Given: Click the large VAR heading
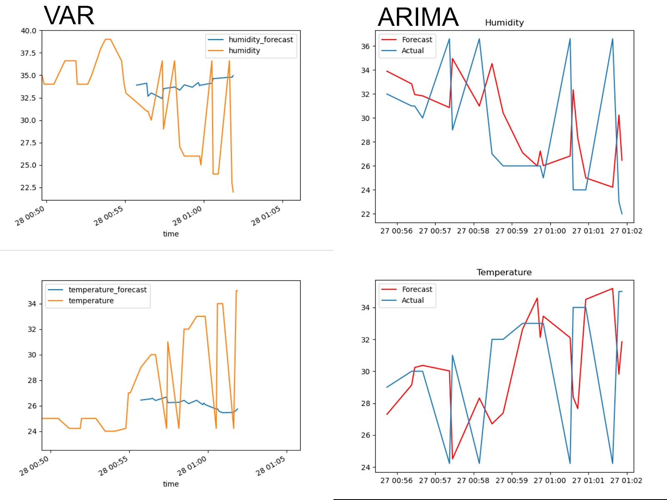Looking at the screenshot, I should (x=69, y=16).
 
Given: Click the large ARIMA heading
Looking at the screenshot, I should (x=418, y=17).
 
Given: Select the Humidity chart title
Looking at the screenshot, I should (x=504, y=22).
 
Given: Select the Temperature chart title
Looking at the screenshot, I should (x=504, y=272).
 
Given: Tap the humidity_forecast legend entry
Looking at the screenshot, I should (x=261, y=40).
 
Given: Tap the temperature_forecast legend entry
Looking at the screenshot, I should (x=108, y=290).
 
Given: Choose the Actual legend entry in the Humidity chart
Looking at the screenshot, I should (x=412, y=50).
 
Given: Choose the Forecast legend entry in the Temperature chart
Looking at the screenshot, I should (x=417, y=289).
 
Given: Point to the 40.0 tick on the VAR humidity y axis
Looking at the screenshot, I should (x=28, y=30).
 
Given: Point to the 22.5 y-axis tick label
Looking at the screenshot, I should (x=28, y=187).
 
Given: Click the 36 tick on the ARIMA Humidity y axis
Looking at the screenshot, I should (x=365, y=46).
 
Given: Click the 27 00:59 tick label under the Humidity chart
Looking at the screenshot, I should (x=512, y=231).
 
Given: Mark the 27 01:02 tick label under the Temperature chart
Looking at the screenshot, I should (x=626, y=480).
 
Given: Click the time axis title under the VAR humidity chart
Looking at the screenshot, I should (x=171, y=234).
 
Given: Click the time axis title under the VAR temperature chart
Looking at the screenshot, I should (x=171, y=484).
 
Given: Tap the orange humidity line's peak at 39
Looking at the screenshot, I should (x=108, y=39).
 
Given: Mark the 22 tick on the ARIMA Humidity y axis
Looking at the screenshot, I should (x=365, y=214).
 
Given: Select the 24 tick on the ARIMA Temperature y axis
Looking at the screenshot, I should (x=365, y=467).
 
